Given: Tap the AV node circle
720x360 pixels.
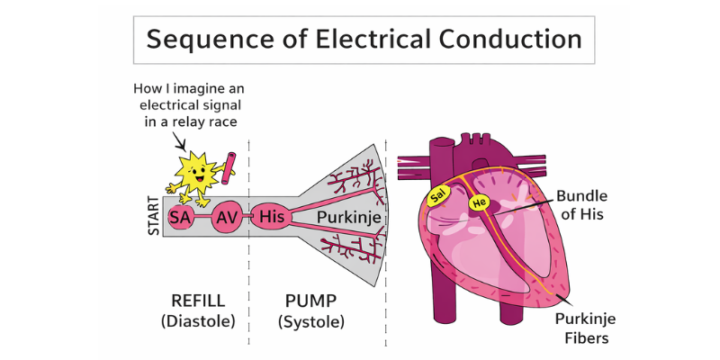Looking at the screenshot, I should click(227, 217).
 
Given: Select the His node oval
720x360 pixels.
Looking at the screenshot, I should click(271, 217).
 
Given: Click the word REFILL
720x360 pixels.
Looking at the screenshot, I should click(198, 301).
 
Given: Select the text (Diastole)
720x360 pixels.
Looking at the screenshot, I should click(198, 321).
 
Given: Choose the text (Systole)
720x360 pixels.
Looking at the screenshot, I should click(311, 321).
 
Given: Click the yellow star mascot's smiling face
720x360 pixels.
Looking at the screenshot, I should click(197, 170).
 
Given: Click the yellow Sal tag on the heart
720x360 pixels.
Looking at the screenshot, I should click(438, 195).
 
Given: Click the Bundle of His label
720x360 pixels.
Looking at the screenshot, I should click(581, 204).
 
